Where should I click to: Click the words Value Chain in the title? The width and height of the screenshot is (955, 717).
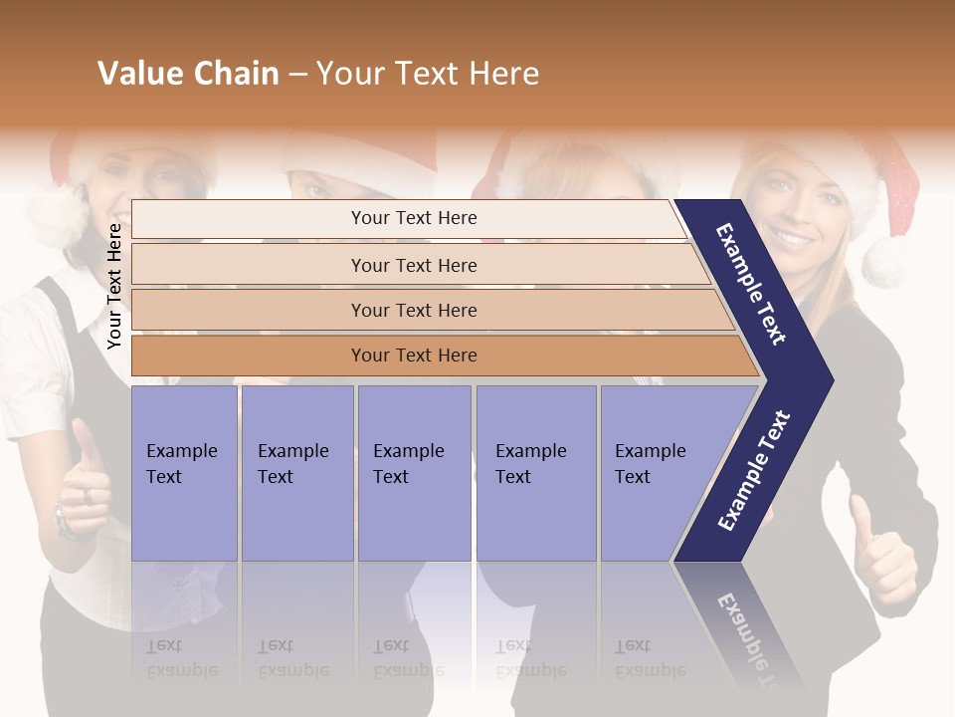(188, 74)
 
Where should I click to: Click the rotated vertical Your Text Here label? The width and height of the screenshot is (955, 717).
(114, 286)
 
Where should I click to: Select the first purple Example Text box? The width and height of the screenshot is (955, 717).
(183, 472)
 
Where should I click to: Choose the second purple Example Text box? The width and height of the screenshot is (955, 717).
(295, 472)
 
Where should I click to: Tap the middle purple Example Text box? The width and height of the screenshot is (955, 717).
(413, 472)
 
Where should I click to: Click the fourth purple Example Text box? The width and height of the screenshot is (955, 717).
(535, 472)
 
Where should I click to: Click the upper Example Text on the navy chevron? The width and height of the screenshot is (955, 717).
(752, 284)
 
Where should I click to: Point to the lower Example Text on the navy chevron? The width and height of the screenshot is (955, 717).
(754, 470)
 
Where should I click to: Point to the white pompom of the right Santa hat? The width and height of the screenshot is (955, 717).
(884, 260)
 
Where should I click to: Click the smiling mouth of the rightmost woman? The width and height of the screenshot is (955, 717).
(794, 240)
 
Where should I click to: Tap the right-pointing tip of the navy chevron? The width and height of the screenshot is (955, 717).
(831, 379)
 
